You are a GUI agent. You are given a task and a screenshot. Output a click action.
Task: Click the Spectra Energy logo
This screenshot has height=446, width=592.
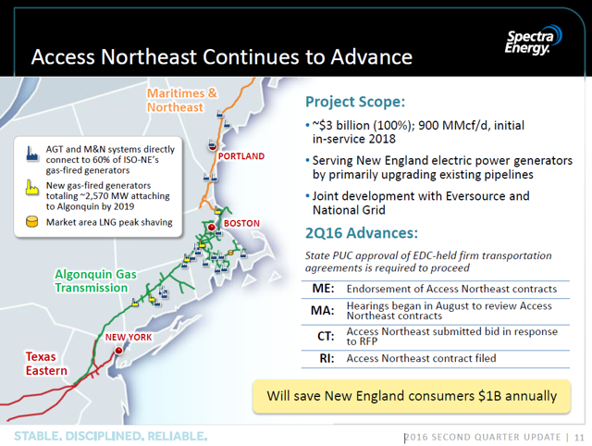pos(534,41)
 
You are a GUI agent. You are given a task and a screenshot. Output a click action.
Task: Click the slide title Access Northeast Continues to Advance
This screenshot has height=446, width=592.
pos(222,57)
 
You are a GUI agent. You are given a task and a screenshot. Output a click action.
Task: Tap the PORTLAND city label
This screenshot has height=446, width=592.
pos(241,156)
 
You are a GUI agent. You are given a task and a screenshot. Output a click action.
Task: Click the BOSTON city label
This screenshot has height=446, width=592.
pos(241,224)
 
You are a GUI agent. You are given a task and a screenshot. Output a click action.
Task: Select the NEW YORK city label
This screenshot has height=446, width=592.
pos(129,337)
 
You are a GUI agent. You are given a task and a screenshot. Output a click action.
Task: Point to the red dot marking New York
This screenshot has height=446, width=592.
pos(118,351)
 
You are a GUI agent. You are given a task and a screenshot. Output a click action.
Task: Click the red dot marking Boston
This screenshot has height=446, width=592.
pos(212,228)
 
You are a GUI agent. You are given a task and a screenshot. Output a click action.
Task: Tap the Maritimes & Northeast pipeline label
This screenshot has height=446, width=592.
pos(182,100)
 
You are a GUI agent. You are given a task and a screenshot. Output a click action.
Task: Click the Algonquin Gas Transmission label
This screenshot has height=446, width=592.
pos(95,281)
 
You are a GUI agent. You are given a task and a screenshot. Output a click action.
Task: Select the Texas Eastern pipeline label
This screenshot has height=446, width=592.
pos(46,364)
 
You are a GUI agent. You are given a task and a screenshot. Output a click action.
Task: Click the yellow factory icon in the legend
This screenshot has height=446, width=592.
pos(32,187)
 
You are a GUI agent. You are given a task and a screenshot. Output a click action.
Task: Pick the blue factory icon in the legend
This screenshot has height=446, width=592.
pos(32,154)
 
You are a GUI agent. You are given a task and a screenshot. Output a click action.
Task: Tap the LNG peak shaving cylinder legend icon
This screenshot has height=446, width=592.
pos(32,222)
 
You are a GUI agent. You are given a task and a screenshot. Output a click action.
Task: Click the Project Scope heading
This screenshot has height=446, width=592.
pos(355,102)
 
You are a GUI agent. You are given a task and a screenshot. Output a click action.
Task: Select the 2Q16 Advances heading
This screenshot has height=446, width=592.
pos(362,233)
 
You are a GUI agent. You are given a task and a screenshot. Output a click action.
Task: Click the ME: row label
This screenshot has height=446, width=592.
pos(323,289)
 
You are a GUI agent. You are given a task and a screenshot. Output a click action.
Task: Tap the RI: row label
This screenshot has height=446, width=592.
pos(327,358)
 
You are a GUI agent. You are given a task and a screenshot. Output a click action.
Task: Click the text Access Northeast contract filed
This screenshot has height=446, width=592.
pos(422,358)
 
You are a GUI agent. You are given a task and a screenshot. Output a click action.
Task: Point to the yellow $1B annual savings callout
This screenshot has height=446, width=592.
pos(412,396)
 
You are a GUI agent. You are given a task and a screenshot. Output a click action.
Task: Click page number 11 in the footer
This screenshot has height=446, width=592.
pos(579,438)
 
